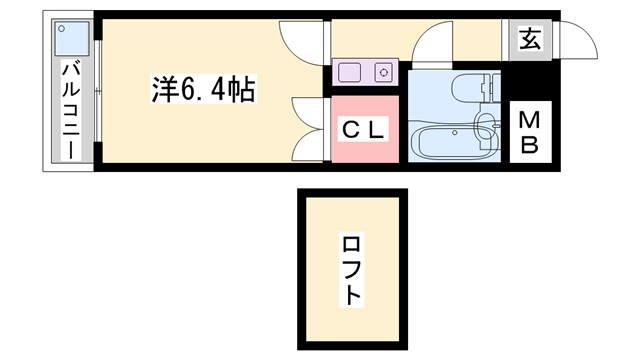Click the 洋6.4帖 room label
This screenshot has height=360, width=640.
click(x=204, y=91)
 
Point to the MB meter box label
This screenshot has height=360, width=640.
click(x=529, y=132)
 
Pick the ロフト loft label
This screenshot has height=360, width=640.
click(x=352, y=269)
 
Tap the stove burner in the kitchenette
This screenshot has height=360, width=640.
click(x=383, y=71)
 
